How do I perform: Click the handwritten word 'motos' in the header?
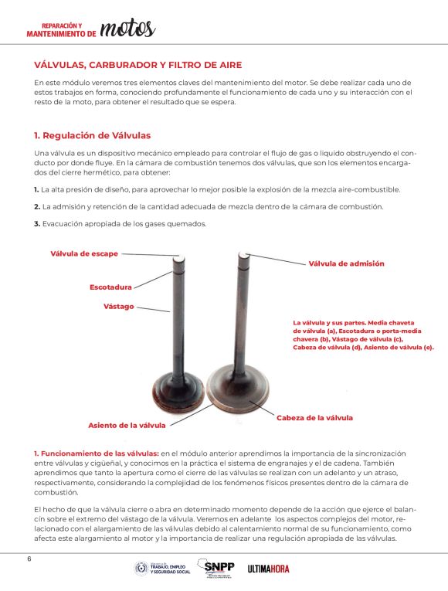pos(127,28)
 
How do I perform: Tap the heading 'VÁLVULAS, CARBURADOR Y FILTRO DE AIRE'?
pos(138,65)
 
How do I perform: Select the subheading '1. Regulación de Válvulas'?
pos(93,136)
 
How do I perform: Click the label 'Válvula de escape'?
pos(84,253)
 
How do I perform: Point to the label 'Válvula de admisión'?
pos(346,263)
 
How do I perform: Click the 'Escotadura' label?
pos(110,287)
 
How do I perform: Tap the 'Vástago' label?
pos(119,307)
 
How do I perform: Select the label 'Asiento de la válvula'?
pos(127,425)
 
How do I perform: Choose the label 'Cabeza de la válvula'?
pos(314,418)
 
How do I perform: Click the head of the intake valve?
pos(238,388)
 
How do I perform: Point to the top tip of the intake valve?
pos(244,255)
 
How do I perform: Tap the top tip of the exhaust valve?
pos(178,259)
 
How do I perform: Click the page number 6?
pos(29,559)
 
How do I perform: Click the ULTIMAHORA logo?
pos(268,569)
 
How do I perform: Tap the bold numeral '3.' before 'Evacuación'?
pos(37,224)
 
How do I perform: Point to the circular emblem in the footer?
pos(141,569)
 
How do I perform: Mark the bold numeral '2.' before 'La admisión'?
pos(37,207)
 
